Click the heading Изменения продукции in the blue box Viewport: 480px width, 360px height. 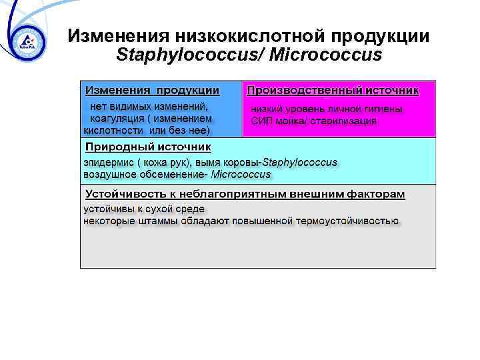pyautogui.click(x=152, y=90)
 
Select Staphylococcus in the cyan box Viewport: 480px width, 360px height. pyautogui.click(x=300, y=163)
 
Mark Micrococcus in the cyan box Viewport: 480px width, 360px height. pyautogui.click(x=241, y=175)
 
